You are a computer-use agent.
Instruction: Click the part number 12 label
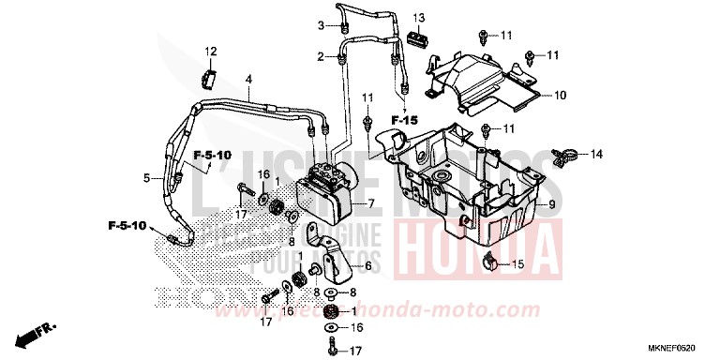click(211, 51)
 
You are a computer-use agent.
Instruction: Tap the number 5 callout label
click(145, 175)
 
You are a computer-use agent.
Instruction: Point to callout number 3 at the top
click(320, 25)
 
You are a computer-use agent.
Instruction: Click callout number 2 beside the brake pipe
click(320, 57)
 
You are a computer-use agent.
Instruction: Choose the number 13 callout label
click(420, 19)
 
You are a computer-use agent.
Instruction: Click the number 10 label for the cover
click(561, 96)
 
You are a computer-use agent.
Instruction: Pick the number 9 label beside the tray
click(551, 204)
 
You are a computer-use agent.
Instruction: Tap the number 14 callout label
click(597, 153)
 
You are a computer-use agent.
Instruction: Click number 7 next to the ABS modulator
click(345, 203)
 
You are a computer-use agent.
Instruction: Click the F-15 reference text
click(404, 121)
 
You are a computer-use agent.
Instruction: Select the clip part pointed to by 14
click(563, 152)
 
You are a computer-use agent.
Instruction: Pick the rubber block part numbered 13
click(418, 39)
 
